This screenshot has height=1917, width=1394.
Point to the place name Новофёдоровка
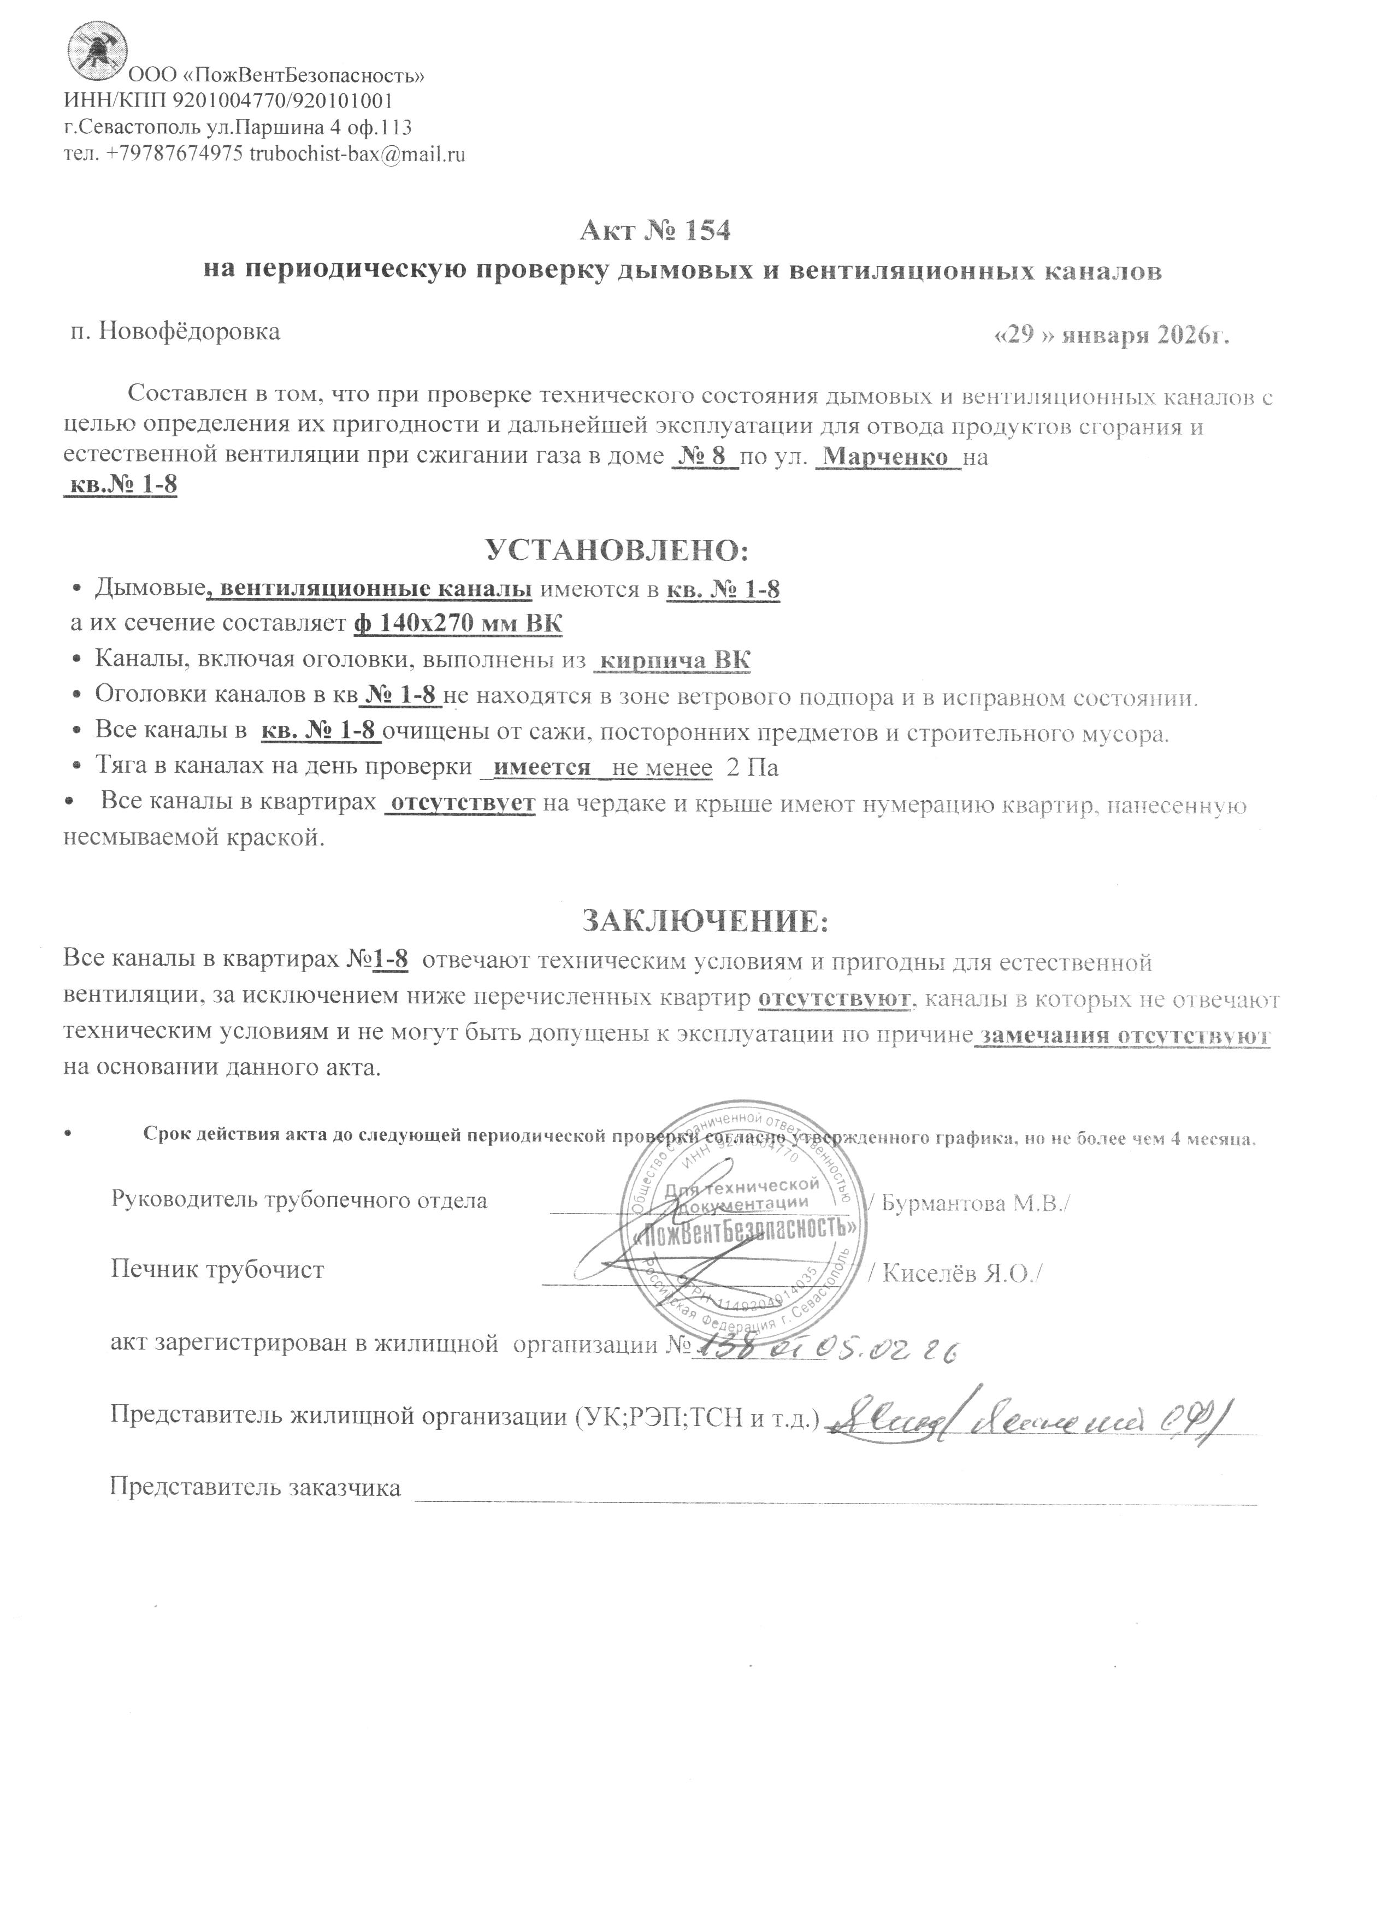click(x=190, y=332)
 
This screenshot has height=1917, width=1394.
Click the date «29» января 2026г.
click(x=1110, y=335)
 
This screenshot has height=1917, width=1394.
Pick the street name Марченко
click(x=885, y=457)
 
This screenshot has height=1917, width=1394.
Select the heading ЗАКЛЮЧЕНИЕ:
click(x=705, y=920)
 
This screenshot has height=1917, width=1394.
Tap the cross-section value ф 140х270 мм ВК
click(x=457, y=624)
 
